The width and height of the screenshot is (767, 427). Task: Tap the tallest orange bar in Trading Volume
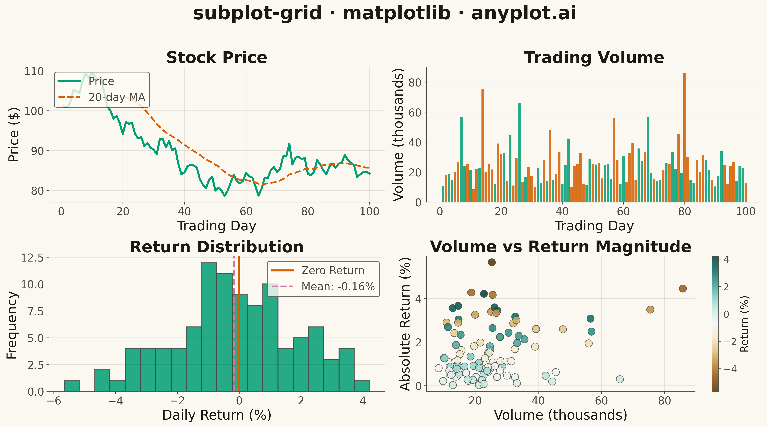pyautogui.click(x=684, y=138)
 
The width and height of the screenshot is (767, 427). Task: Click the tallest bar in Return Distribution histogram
pyautogui.click(x=209, y=327)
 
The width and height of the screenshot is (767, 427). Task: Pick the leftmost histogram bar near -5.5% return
pyautogui.click(x=72, y=386)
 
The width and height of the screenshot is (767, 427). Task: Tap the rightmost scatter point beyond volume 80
pyautogui.click(x=683, y=288)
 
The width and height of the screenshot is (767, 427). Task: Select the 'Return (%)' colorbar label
pyautogui.click(x=744, y=324)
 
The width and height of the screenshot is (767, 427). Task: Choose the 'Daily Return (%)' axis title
pyautogui.click(x=217, y=415)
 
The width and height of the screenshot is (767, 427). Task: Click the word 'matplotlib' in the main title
pyautogui.click(x=397, y=13)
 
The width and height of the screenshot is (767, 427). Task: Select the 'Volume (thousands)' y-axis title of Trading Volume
pyautogui.click(x=398, y=135)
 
